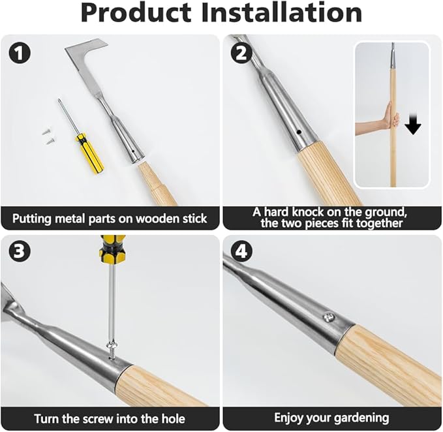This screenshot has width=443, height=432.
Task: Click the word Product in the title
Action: pyautogui.click(x=135, y=13)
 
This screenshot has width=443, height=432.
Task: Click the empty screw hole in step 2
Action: pyautogui.click(x=298, y=131)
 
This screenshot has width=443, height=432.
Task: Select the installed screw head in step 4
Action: pyautogui.click(x=329, y=317)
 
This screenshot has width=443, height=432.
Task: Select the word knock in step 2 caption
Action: pyautogui.click(x=324, y=211)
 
